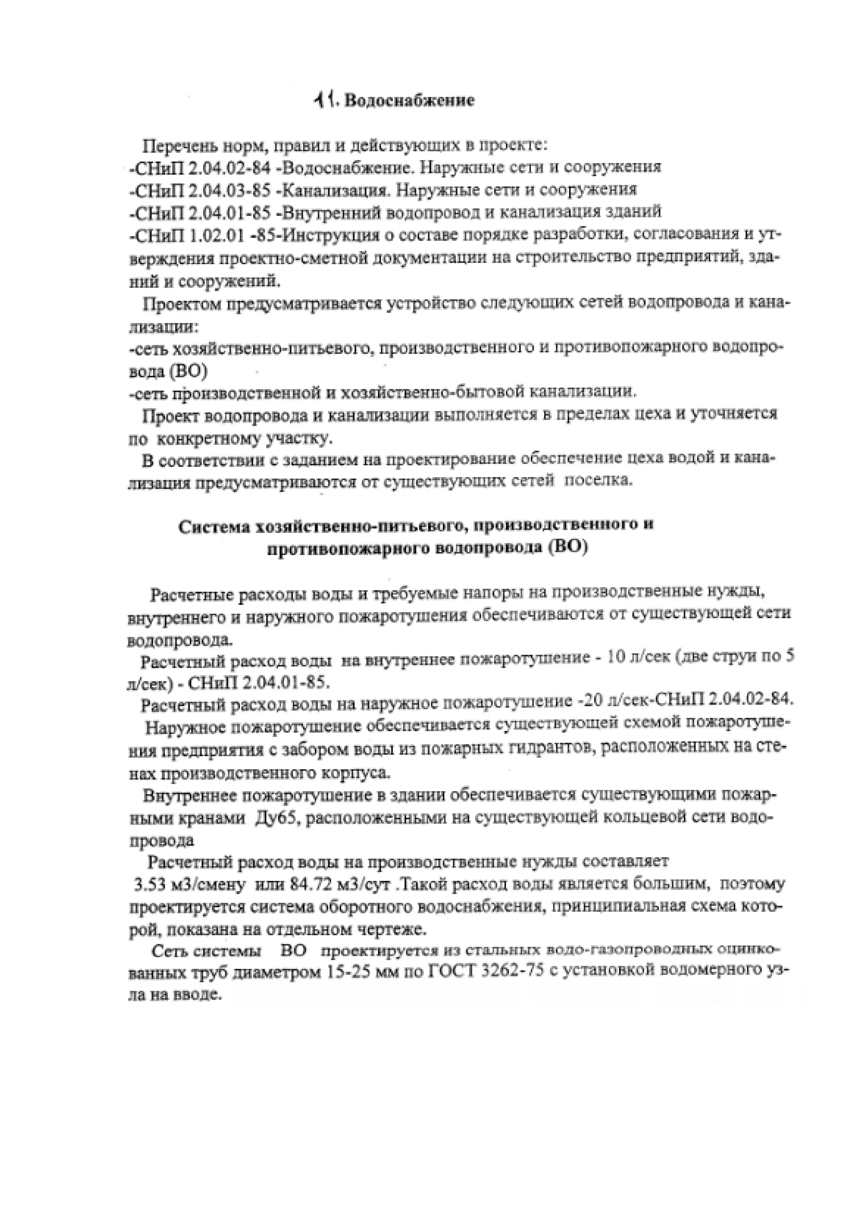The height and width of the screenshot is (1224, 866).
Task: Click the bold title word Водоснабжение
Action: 410,100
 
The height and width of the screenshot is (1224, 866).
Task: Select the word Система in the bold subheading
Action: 214,527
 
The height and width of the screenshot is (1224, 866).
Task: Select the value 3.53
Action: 150,885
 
